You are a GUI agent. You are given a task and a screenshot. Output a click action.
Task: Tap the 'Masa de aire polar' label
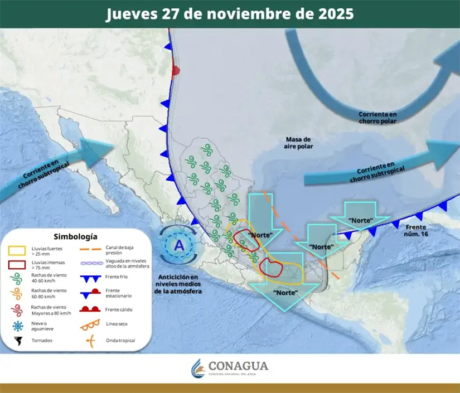(x=299, y=143)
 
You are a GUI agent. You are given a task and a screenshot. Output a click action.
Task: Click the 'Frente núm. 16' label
(x=416, y=230)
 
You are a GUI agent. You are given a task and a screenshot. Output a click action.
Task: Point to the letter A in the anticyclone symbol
(x=178, y=245)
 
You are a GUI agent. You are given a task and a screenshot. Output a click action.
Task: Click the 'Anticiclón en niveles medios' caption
(x=178, y=284)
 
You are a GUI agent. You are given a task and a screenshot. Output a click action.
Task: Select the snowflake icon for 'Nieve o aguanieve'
(x=18, y=326)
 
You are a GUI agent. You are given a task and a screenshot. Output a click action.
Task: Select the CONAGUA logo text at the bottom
(x=238, y=366)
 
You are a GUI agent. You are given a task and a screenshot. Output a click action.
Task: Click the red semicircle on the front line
(x=177, y=71)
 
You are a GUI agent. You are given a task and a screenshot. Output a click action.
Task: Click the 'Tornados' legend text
(x=42, y=341)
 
